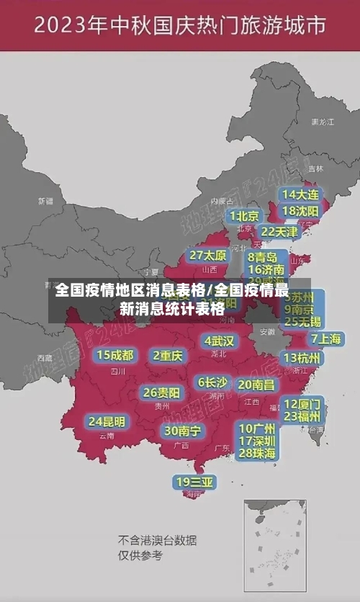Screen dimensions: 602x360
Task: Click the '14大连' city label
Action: [x=300, y=194]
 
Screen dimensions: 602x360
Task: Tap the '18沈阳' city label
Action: [x=300, y=211]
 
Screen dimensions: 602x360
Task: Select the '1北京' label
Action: [x=244, y=215]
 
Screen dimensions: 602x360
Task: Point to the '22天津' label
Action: [x=279, y=232]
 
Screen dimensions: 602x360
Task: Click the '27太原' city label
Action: [x=208, y=255]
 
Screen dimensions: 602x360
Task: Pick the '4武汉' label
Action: [x=219, y=341]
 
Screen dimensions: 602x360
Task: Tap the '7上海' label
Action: [x=325, y=338]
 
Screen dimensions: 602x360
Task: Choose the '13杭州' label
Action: [x=303, y=358]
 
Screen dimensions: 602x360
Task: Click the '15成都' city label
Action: [x=115, y=355]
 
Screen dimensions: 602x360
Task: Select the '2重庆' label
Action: [x=168, y=355]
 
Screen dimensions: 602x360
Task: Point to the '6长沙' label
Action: [x=212, y=382]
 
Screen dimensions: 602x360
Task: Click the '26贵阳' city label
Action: [x=161, y=392]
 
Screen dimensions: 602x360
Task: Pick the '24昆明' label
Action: [x=107, y=421]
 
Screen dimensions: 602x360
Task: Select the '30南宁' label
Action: [x=182, y=431]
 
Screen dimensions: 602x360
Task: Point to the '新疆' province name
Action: [x=45, y=201]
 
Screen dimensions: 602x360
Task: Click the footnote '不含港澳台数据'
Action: [x=158, y=541]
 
